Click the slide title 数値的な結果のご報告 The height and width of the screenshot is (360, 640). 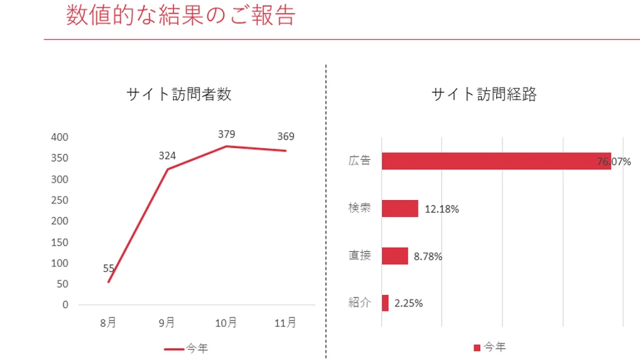click(x=180, y=16)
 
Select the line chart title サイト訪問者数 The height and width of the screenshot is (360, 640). click(x=179, y=94)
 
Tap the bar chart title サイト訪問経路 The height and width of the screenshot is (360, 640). click(x=484, y=94)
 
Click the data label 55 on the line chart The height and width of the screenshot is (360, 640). click(x=109, y=269)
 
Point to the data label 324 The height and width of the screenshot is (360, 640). click(x=167, y=156)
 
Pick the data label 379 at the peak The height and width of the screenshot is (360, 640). click(x=226, y=134)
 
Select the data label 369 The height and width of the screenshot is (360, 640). click(x=286, y=137)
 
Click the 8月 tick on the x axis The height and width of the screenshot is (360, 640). click(x=108, y=322)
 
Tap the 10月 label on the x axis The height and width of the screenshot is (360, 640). click(x=226, y=322)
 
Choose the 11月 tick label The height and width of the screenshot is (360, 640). click(x=286, y=322)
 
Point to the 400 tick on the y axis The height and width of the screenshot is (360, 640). click(x=60, y=137)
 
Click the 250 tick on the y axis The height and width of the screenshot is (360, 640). click(x=60, y=200)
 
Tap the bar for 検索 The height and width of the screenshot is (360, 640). click(x=400, y=209)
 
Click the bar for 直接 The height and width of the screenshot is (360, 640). click(x=394, y=256)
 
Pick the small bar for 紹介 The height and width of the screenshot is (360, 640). click(x=385, y=303)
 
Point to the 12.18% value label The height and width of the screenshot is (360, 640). click(x=442, y=209)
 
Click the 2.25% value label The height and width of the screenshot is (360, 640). click(x=408, y=304)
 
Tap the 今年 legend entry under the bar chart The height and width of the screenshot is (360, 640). click(x=490, y=347)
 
